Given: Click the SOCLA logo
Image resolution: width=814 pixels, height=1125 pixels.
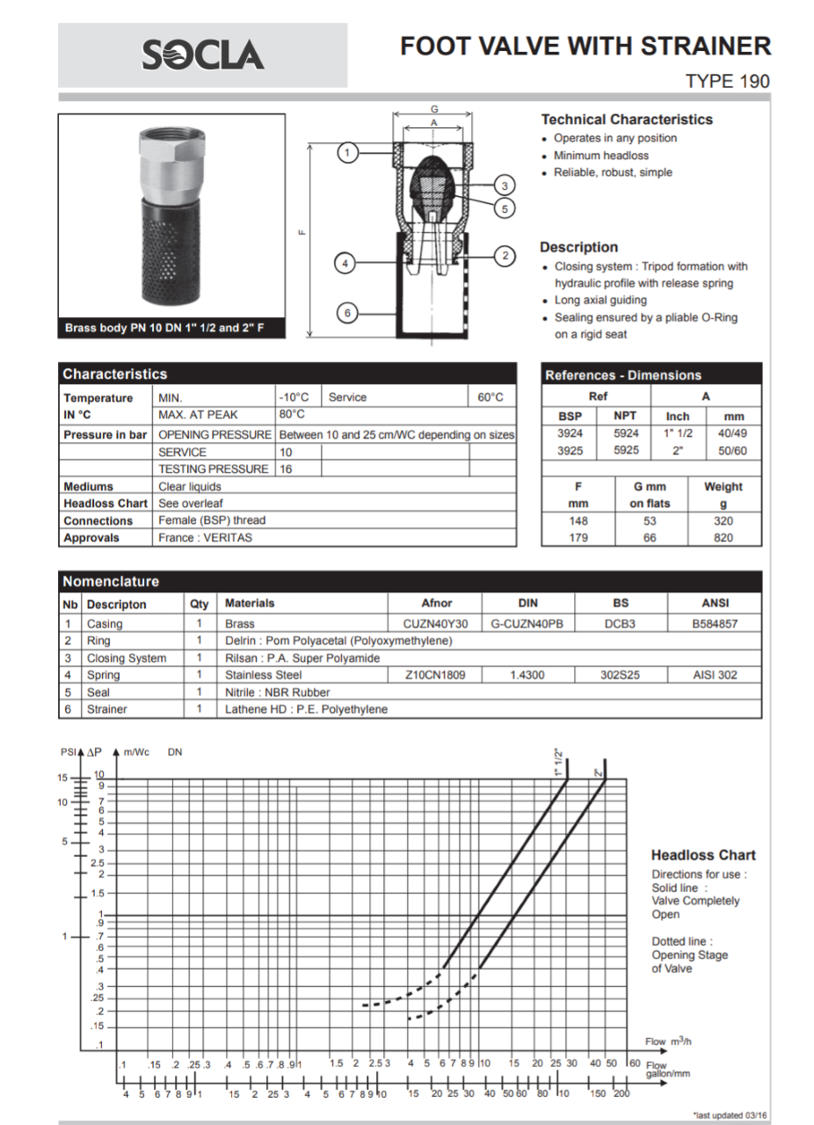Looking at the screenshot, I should [203, 55].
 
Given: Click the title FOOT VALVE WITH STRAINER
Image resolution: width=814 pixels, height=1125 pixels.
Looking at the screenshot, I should [585, 47].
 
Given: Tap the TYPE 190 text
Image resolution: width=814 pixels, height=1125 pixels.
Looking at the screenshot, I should [727, 82].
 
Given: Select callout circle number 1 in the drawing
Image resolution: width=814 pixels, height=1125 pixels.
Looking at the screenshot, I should [348, 153].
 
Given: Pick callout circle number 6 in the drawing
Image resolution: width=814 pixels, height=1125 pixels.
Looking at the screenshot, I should [347, 312].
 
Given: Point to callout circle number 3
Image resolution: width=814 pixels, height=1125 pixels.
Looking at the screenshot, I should [504, 185].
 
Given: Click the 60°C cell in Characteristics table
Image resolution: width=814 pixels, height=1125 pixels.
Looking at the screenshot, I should [491, 397].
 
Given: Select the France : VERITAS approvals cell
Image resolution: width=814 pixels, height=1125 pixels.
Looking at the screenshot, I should [205, 537].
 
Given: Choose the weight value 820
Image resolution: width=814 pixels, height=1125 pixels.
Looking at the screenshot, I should [723, 537].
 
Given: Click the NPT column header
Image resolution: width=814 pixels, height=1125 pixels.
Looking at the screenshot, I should [625, 416].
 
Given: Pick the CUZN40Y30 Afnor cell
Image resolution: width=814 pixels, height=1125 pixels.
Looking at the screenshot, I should [436, 624].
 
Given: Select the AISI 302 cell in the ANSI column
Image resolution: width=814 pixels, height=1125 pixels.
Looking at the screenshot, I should [715, 675].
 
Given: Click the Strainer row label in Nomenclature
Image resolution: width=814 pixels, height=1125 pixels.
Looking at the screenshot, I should [107, 709].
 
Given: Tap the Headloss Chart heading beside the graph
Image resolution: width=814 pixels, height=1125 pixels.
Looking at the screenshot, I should [702, 855].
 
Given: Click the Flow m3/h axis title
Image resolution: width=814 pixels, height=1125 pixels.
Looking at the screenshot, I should [668, 1042].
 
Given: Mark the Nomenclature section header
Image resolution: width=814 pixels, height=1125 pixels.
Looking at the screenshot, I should [112, 581].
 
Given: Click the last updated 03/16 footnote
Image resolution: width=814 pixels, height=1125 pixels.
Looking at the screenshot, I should [730, 1114].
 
